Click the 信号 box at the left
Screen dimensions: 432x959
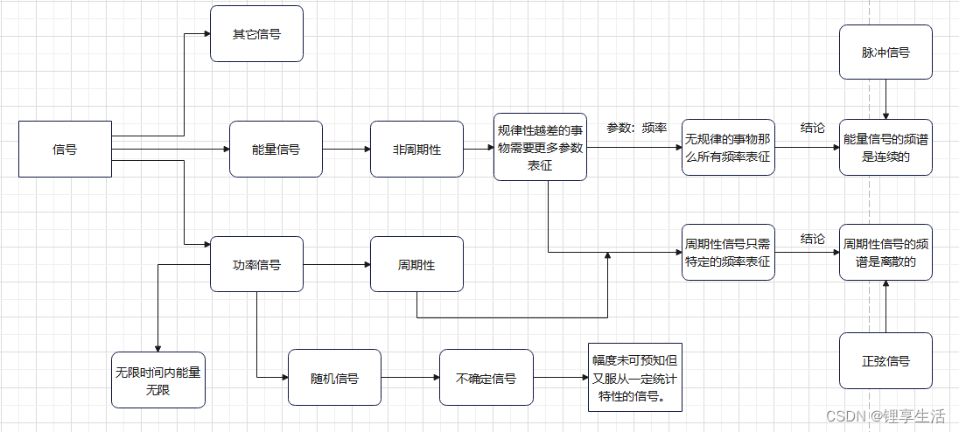point(65,150)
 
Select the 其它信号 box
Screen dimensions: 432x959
point(256,34)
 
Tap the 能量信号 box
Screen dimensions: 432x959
point(276,150)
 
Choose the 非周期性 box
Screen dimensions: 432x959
point(416,150)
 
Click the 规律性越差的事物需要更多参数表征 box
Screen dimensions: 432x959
point(539,147)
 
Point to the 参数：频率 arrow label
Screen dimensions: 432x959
point(636,128)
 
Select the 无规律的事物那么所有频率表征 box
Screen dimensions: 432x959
point(728,148)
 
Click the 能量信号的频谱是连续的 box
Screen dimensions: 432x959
point(885,148)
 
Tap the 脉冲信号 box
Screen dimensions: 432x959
point(885,52)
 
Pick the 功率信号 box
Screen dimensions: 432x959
point(256,264)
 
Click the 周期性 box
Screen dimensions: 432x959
point(416,264)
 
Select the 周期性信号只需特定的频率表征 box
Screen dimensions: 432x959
point(728,252)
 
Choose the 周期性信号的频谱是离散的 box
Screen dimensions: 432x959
point(885,252)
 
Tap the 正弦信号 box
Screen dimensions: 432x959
point(885,360)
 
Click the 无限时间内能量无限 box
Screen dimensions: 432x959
point(158,380)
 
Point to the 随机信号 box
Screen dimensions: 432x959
point(334,378)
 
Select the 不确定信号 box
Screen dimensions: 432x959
point(486,378)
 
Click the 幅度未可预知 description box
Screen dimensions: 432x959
point(634,377)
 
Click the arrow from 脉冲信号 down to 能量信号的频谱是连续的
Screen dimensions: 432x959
point(885,100)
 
